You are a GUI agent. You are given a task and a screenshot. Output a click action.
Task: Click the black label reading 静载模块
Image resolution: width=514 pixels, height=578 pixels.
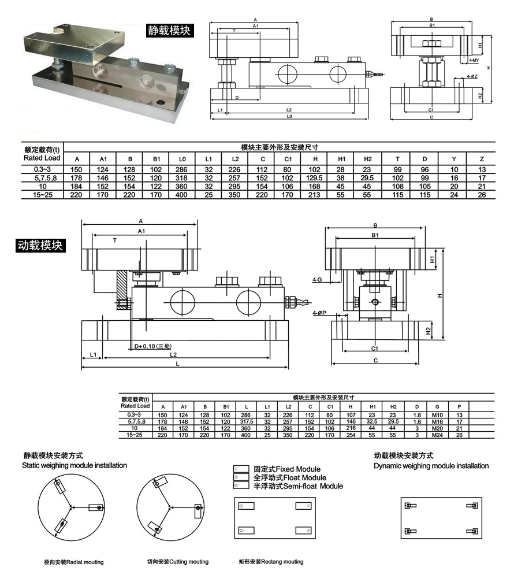point(169,30)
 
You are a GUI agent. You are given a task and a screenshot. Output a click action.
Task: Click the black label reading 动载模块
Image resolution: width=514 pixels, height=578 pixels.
point(40,245)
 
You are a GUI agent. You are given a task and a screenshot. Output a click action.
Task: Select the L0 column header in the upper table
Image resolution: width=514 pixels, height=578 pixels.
point(182,159)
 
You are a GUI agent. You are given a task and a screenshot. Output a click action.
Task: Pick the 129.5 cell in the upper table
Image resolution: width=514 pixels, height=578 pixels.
point(315,178)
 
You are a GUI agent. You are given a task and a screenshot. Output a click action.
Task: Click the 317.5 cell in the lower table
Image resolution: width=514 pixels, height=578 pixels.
point(247,422)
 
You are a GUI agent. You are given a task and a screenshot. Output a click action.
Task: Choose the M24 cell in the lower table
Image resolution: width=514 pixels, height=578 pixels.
point(437,435)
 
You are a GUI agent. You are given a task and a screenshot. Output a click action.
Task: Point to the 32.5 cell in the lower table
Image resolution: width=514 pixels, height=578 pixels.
point(372,422)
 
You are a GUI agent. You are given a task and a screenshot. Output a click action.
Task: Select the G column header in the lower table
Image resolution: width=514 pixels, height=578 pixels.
point(437,407)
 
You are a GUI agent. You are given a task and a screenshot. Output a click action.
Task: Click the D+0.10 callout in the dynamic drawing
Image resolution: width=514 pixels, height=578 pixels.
point(152,346)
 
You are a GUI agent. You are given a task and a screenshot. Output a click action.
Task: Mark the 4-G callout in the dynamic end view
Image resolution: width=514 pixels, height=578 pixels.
point(317,279)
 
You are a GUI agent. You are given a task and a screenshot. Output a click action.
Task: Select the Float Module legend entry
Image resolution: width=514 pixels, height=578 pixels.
point(289,477)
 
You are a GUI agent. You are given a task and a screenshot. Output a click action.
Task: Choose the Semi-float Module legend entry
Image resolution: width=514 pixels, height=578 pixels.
point(298,486)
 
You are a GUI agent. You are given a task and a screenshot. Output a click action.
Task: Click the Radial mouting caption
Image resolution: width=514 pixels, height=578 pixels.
point(73,562)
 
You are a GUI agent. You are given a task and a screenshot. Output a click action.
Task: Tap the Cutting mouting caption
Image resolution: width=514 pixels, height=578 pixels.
point(177,562)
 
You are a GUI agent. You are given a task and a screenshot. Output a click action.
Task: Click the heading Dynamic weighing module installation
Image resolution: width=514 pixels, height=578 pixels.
point(431,466)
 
